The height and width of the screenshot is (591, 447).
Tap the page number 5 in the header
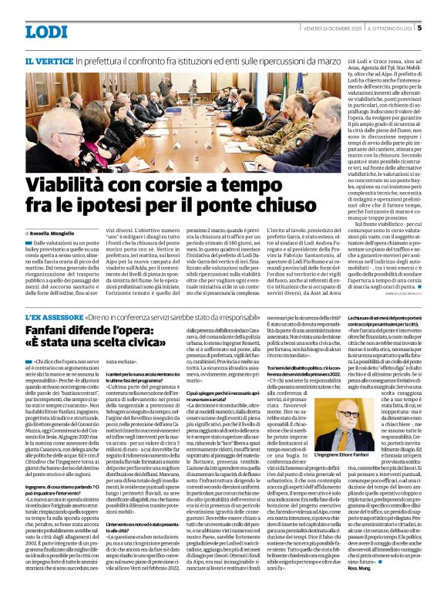tap(419, 28)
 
